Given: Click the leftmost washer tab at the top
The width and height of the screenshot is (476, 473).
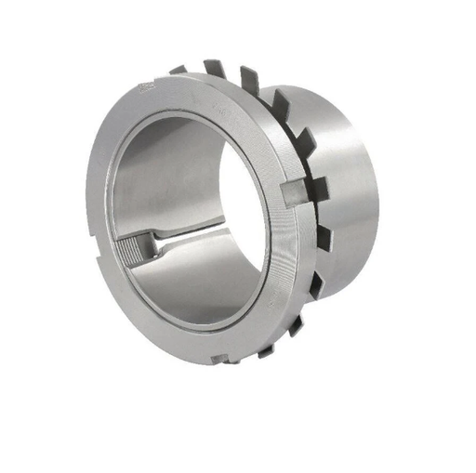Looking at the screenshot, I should [x=178, y=70].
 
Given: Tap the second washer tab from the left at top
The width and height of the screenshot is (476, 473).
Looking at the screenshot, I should [x=211, y=68].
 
